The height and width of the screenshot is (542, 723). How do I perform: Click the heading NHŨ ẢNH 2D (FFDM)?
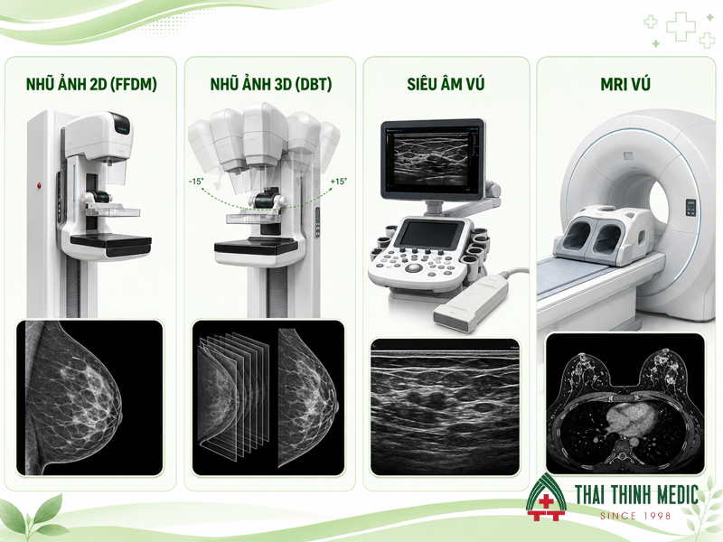point(91,84)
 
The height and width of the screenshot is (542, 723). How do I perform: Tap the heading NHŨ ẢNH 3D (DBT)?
point(271,84)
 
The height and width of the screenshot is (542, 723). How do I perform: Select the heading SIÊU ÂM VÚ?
point(446,84)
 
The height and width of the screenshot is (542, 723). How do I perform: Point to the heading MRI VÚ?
point(625,84)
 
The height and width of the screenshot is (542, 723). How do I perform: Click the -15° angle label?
point(196,182)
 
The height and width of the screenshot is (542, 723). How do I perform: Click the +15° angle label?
point(339,182)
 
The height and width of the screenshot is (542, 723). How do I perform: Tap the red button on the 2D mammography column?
point(39,186)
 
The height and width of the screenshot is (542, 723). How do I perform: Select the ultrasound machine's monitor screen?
point(432,157)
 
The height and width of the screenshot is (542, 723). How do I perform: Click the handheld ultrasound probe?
point(471,302)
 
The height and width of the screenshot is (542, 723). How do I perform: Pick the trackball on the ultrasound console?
point(414,267)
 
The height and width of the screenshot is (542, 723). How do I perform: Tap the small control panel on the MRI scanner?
point(690,208)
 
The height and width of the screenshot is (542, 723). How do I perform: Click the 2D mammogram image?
point(89,397)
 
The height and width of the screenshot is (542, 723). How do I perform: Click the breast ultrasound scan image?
point(445,407)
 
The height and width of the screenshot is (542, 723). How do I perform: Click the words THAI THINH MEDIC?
point(637,495)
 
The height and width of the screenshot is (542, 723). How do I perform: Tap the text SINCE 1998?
point(635,516)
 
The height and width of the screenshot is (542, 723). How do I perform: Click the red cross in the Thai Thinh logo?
point(546,501)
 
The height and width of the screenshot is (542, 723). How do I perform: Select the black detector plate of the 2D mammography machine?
point(110,242)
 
